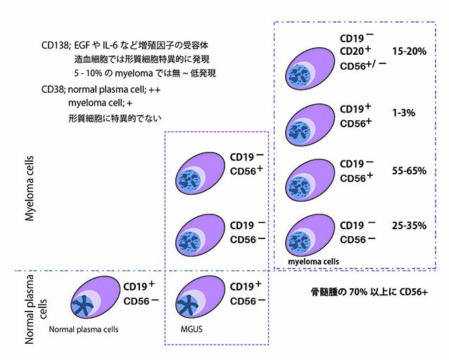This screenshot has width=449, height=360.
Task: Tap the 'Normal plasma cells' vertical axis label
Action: point(35,307)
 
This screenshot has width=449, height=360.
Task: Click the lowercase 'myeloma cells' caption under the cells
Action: point(313,261)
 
